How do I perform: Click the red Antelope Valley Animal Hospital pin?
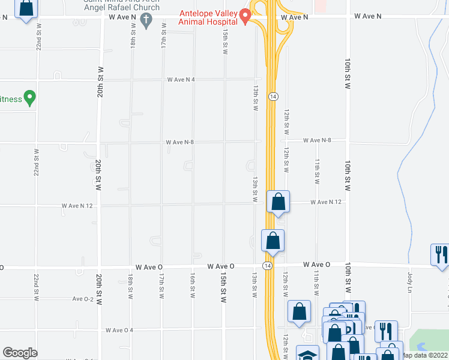245,16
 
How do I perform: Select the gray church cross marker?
146,20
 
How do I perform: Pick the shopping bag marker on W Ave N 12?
279,202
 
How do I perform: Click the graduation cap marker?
308,355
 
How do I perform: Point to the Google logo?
20,352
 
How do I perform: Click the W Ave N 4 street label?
181,80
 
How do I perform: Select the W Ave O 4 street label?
119,330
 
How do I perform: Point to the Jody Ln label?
411,283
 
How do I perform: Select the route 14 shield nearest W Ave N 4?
273,96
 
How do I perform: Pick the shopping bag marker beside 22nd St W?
26,10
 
